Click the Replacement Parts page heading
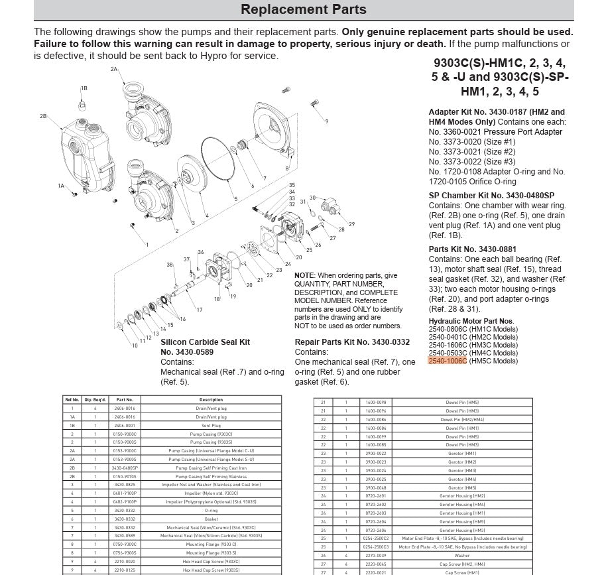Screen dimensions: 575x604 point(303,10)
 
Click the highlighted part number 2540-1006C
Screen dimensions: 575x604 point(448,361)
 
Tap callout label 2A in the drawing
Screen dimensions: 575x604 point(114,69)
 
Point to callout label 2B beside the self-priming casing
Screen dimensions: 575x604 point(43,116)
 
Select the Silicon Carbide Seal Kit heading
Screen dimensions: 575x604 point(206,342)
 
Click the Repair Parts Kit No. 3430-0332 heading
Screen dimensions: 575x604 point(351,342)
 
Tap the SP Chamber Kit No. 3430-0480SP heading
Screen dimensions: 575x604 point(491,196)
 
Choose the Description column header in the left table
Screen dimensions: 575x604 point(211,400)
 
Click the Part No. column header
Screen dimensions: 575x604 point(125,400)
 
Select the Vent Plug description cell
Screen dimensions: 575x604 point(211,425)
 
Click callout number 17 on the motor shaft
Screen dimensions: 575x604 point(199,310)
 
